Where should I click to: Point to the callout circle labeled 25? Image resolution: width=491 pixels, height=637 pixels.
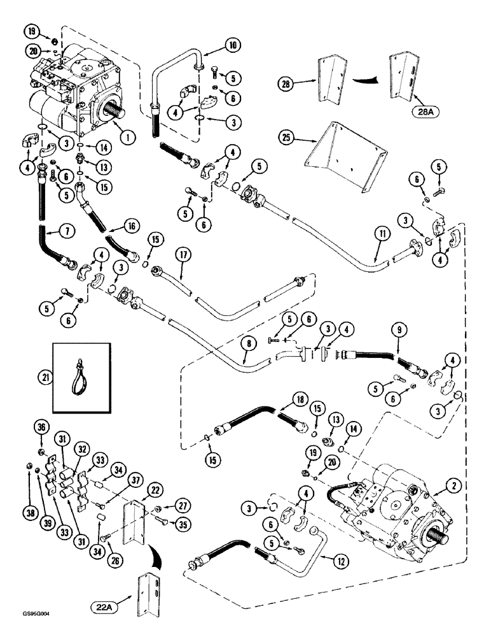tap(289, 136)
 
